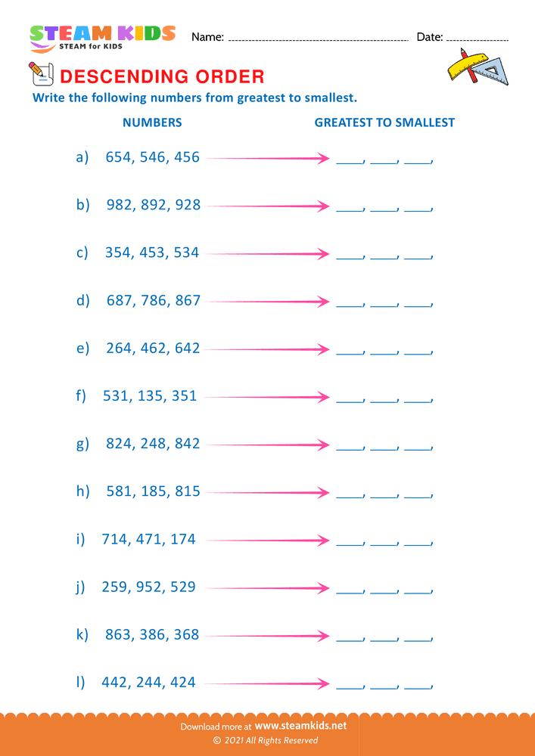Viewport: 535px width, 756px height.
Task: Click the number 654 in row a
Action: tap(118, 157)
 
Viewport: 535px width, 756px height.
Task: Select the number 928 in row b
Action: tap(187, 205)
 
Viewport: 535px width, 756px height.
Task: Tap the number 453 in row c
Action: tap(152, 253)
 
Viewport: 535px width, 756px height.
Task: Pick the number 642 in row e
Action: tap(187, 348)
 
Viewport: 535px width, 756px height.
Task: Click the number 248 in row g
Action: tap(153, 443)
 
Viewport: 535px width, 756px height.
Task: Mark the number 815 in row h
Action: tap(187, 491)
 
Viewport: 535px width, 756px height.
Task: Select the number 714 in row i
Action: tap(115, 539)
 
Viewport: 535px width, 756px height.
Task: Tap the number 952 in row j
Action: tap(149, 587)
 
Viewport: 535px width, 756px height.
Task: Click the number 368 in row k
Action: tap(187, 634)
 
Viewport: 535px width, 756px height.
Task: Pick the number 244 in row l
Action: tap(149, 682)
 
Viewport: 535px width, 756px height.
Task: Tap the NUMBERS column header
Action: tap(152, 122)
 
